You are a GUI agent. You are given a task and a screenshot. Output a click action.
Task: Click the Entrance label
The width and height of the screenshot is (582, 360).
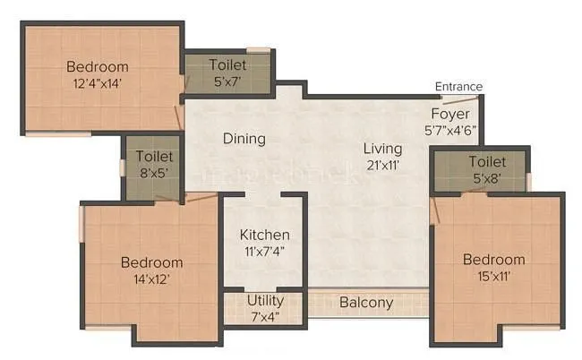[458, 87]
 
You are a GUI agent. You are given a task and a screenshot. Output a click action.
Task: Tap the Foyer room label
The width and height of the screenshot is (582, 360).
[449, 114]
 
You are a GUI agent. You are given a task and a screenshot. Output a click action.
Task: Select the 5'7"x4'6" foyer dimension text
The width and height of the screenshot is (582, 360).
[450, 129]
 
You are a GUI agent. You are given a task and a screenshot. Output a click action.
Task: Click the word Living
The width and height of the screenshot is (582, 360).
[383, 148]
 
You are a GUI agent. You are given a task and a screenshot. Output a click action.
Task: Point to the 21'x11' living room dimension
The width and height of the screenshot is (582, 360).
[383, 164]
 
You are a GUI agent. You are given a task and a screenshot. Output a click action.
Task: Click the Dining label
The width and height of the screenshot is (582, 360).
[244, 139]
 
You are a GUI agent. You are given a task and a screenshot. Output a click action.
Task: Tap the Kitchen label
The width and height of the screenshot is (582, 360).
[264, 235]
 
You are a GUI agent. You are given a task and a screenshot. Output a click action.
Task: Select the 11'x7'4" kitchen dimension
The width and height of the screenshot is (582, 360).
[264, 251]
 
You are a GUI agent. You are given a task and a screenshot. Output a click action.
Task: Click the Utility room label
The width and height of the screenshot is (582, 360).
[265, 301]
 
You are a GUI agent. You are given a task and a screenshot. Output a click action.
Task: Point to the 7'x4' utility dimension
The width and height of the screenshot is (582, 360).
[265, 316]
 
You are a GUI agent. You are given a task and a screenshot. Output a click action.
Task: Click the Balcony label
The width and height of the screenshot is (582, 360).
[365, 303]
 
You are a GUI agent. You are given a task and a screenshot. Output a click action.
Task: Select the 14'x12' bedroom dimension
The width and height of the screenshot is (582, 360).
[151, 279]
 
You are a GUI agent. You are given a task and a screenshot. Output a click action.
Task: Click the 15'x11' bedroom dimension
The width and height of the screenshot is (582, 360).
[493, 276]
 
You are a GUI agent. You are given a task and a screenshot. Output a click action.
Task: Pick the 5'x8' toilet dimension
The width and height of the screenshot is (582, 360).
[486, 177]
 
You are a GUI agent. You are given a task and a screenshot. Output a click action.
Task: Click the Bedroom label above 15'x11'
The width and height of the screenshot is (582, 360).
[493, 260]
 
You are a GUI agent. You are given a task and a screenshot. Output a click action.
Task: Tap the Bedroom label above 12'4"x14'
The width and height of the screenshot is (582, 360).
[98, 66]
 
